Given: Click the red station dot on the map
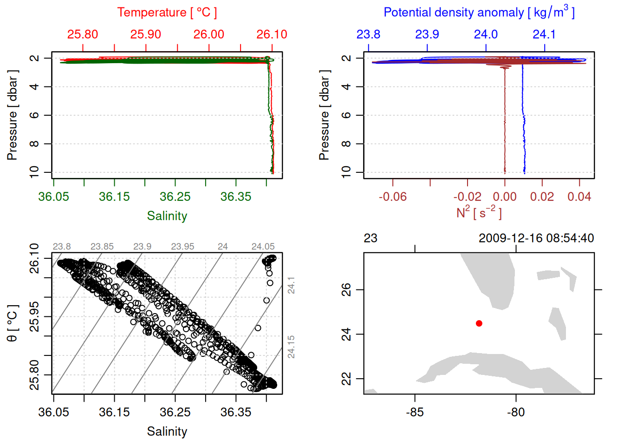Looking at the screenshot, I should [479, 323].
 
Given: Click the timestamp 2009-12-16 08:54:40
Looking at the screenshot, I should [536, 238].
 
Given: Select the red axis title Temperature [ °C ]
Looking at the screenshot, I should [167, 13].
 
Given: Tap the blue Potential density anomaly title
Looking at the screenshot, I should [479, 12].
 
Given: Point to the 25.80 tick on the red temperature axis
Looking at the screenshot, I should [83, 34].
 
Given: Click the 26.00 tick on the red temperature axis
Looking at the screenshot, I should [209, 34].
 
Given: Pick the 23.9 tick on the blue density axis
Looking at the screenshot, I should [427, 34].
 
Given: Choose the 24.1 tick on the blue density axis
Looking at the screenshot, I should [544, 34].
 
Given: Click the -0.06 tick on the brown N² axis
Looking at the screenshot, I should [393, 197].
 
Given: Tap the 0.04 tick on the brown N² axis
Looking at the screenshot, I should [579, 197].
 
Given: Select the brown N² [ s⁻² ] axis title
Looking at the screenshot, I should [479, 213].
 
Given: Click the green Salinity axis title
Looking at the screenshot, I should [167, 216].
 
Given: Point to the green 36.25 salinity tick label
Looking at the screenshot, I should [175, 197].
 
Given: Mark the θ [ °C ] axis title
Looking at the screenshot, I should [13, 323].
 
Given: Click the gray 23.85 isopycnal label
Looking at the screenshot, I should [102, 247].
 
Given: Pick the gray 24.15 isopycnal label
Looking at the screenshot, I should [291, 347].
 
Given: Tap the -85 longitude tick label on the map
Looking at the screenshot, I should [415, 412].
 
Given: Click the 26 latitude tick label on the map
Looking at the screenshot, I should [346, 290].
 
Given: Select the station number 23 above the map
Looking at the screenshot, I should [370, 238].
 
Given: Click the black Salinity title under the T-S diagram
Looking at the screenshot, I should [167, 432].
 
